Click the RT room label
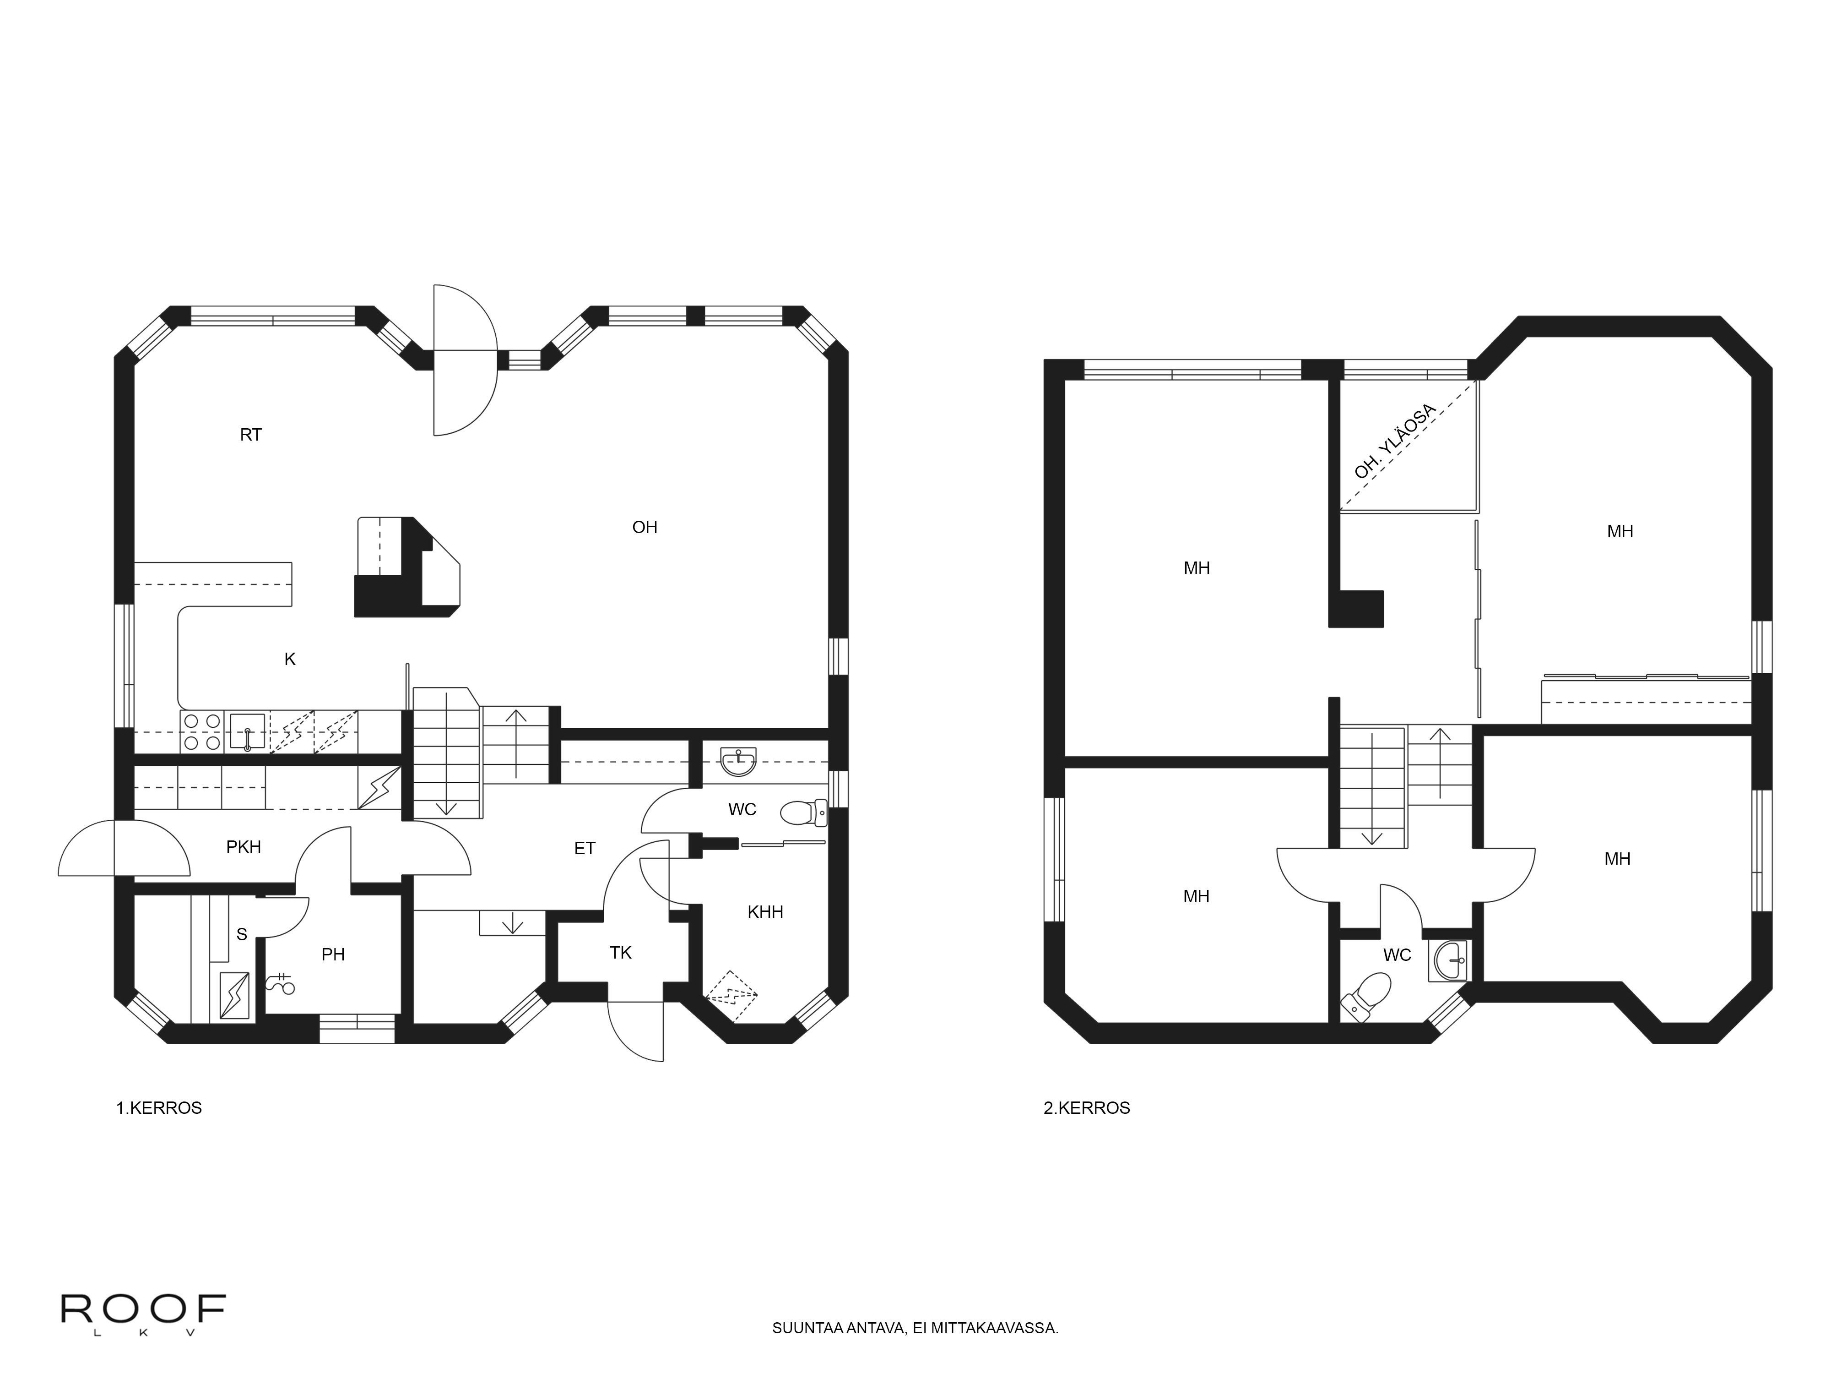(251, 435)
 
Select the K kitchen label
(290, 659)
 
